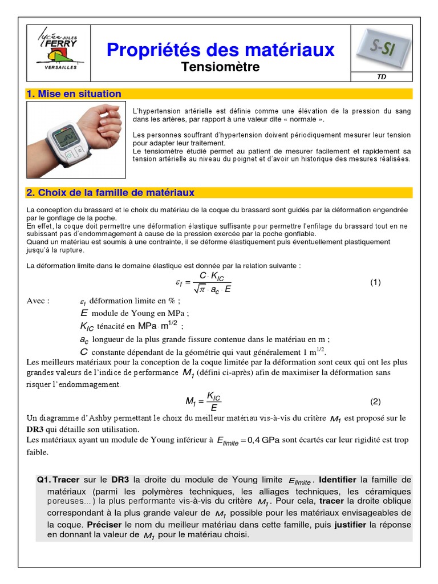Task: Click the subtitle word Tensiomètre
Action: click(220, 67)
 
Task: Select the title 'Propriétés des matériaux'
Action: click(220, 50)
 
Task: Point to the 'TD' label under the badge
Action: click(382, 78)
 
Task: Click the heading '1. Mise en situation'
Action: click(74, 94)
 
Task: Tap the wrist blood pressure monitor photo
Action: click(76, 140)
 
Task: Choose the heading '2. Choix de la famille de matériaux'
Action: click(111, 193)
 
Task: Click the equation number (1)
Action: click(375, 282)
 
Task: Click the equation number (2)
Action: click(375, 401)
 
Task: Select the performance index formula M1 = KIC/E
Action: click(204, 401)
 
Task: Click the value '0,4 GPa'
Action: click(263, 440)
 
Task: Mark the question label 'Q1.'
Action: click(44, 480)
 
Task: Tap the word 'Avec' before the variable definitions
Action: click(38, 301)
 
